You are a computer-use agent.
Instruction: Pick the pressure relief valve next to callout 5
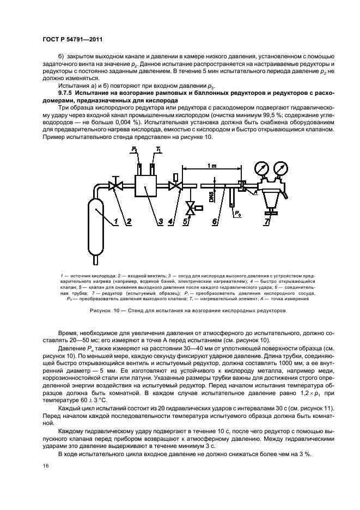[191, 207]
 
